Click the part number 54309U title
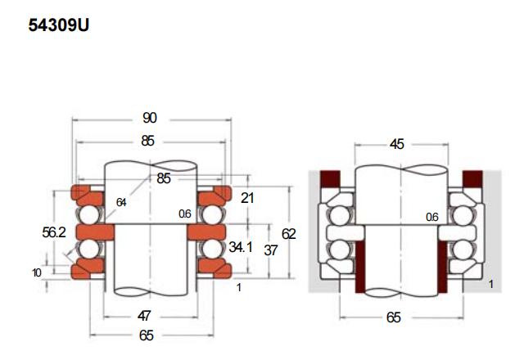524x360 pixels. [59, 25]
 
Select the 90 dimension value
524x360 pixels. [149, 118]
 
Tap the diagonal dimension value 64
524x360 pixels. [121, 202]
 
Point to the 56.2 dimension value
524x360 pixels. [54, 232]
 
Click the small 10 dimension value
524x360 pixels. [37, 272]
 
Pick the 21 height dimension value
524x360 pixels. [247, 198]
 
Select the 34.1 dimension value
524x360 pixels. [241, 247]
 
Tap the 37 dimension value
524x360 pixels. [271, 250]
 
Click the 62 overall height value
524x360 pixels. [289, 234]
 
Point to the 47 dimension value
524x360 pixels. [144, 316]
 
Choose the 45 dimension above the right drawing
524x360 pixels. [397, 144]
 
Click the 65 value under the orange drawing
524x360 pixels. [147, 335]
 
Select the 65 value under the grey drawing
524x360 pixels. [394, 317]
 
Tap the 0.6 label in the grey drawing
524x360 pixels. [431, 218]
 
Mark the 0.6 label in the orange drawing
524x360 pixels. [185, 214]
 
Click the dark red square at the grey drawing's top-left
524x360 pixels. [330, 178]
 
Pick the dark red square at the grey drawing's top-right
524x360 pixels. [472, 178]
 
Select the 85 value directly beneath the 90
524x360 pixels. [147, 141]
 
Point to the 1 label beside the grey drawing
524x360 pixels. [491, 284]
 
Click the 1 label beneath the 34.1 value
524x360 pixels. [238, 287]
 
